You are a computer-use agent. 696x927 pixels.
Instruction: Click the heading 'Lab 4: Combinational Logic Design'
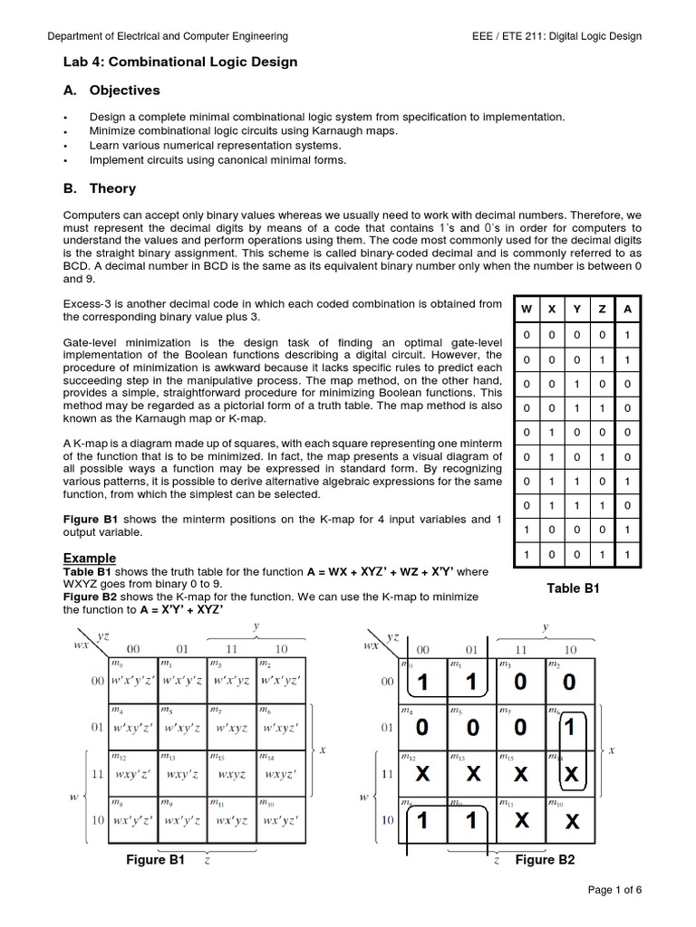pos(179,62)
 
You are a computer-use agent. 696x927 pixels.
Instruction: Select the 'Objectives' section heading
pos(124,91)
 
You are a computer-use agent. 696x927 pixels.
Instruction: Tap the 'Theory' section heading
pos(112,188)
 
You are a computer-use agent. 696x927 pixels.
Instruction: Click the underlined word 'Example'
pos(90,558)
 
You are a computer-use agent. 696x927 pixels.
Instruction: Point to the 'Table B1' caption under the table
pos(573,588)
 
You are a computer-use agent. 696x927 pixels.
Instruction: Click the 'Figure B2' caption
pos(545,860)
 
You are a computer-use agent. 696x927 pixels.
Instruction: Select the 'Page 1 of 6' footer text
pos(614,891)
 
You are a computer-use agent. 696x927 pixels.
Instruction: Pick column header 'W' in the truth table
pos(526,309)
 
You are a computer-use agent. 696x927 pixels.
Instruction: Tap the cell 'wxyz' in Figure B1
pos(231,776)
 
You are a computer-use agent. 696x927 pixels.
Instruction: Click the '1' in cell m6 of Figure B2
pos(568,727)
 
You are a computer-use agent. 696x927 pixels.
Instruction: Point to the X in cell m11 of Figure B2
pos(520,822)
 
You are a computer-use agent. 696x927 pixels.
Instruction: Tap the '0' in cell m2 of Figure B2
pos(568,682)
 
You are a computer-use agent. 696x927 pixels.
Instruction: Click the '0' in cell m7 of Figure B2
pos(520,727)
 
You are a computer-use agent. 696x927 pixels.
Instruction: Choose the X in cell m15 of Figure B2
pos(520,776)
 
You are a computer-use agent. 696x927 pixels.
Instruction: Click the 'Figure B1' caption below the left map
pos(155,860)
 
